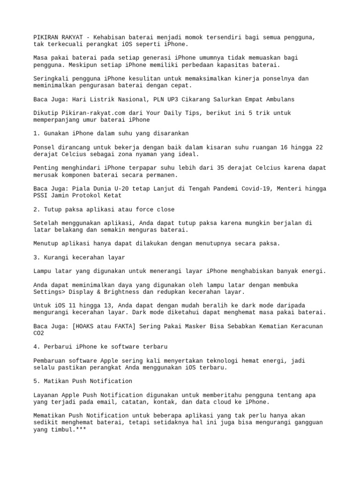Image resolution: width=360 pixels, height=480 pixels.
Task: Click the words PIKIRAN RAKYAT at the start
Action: pyautogui.click(x=57, y=37)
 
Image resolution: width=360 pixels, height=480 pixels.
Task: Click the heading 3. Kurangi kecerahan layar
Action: pyautogui.click(x=79, y=257)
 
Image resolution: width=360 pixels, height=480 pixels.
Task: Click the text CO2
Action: pyautogui.click(x=39, y=333)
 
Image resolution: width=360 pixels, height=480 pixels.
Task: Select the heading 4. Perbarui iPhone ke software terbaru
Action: pyautogui.click(x=100, y=346)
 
